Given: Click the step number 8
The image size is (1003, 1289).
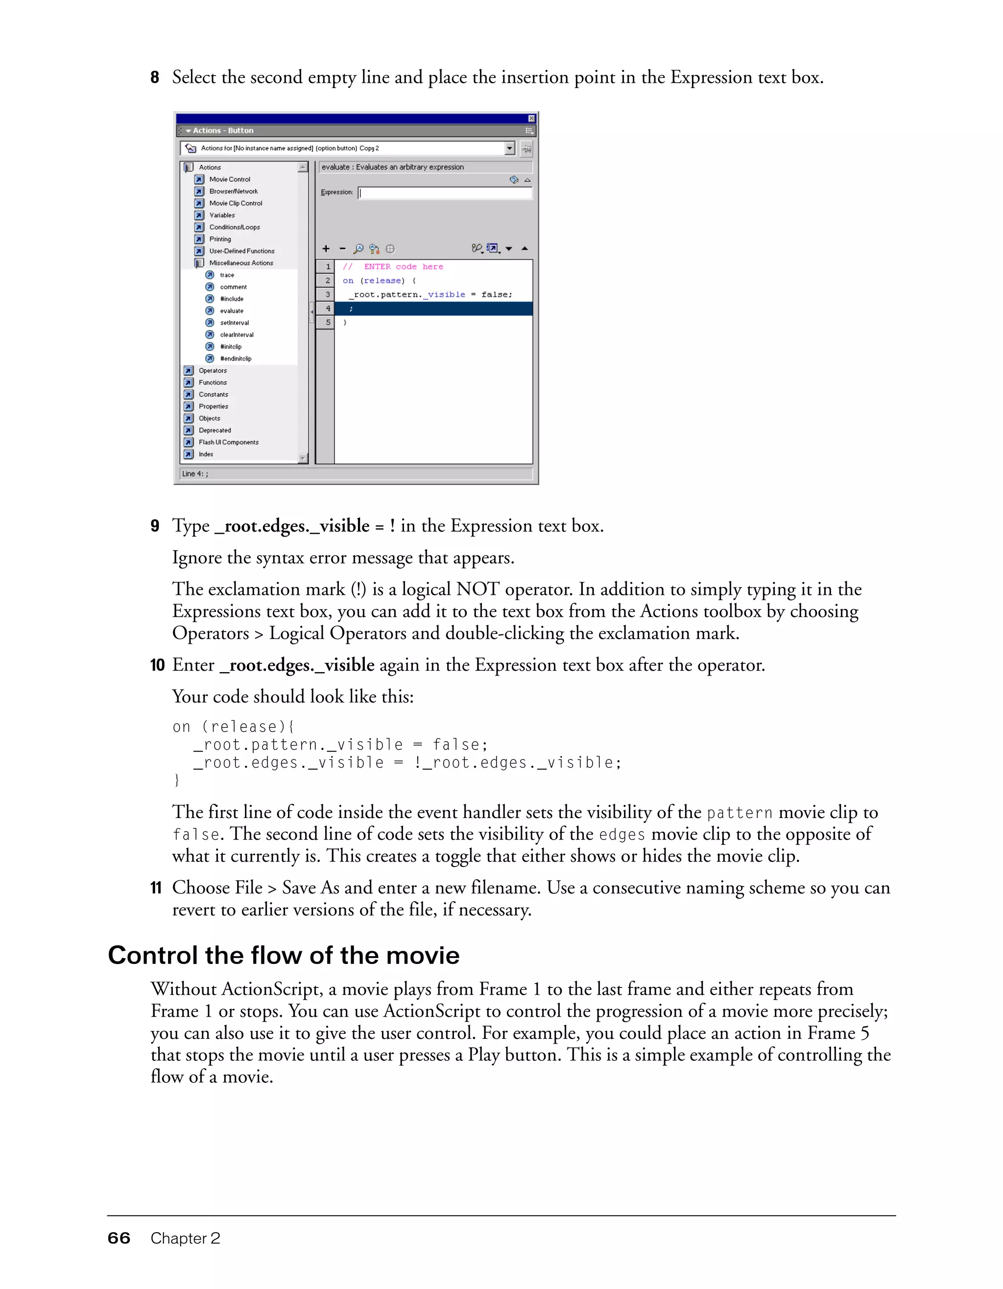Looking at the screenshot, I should pyautogui.click(x=155, y=77).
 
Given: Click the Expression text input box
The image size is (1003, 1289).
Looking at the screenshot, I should pyautogui.click(x=445, y=193).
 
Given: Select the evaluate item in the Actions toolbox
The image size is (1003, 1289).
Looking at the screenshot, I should pyautogui.click(x=232, y=311).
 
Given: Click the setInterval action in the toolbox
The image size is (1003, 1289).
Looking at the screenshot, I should pyautogui.click(x=235, y=323).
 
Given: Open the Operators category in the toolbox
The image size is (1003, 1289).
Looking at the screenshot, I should pyautogui.click(x=212, y=371).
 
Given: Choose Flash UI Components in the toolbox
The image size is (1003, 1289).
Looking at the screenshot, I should pyautogui.click(x=228, y=442).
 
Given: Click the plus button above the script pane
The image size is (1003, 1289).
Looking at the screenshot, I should pyautogui.click(x=326, y=249).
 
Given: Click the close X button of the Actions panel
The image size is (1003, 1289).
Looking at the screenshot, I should pyautogui.click(x=531, y=118).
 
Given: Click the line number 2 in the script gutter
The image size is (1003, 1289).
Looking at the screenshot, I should pyautogui.click(x=328, y=281).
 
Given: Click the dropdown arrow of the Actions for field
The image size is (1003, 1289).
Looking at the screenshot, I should pyautogui.click(x=510, y=148).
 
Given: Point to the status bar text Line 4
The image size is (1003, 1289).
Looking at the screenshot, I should pyautogui.click(x=195, y=474).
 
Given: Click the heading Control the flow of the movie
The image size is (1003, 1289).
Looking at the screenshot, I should pyautogui.click(x=284, y=955).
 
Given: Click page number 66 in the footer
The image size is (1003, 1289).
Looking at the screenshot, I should pyautogui.click(x=119, y=1238).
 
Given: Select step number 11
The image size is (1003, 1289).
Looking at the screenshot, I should pyautogui.click(x=156, y=888).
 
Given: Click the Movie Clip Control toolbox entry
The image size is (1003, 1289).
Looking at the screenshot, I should pyautogui.click(x=235, y=203).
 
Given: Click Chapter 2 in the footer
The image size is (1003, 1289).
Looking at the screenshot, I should pyautogui.click(x=186, y=1238).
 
